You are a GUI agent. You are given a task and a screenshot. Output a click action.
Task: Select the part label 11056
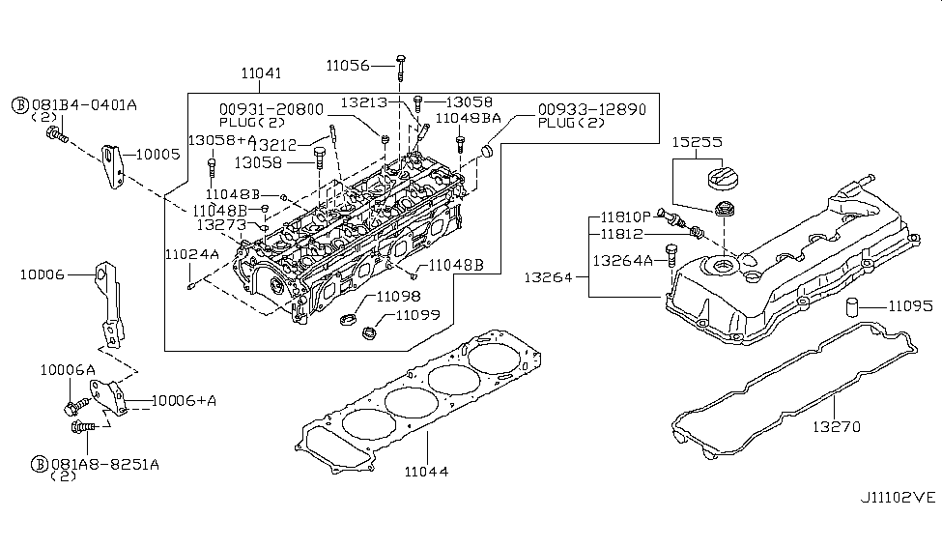[x=348, y=66]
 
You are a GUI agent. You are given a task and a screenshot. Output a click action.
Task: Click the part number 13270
[x=836, y=426]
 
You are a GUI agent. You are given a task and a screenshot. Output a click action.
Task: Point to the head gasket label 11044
[x=427, y=472]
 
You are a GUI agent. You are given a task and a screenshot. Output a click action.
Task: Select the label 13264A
[x=622, y=259]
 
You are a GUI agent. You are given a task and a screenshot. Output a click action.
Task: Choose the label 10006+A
[x=157, y=400]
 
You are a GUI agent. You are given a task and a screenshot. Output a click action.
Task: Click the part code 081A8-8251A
[x=105, y=464]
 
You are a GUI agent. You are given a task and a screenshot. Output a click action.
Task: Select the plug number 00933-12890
[x=591, y=110]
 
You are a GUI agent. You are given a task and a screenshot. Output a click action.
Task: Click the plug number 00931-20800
[x=271, y=110]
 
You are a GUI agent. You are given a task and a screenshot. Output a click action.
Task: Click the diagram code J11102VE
[x=899, y=498]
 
